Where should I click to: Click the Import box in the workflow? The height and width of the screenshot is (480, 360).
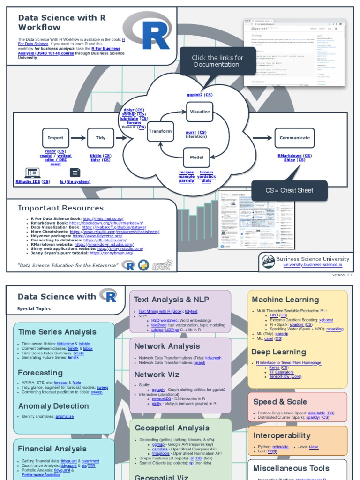[x=55, y=138]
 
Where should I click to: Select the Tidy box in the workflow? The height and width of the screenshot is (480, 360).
[x=100, y=138]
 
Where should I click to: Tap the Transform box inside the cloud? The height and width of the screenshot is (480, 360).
[x=160, y=132]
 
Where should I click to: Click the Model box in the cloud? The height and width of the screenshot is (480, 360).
[x=196, y=157]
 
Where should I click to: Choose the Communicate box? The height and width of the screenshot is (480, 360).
[x=294, y=138]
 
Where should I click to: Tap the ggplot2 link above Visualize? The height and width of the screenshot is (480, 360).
[x=195, y=95]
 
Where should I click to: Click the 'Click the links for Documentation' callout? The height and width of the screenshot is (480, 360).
[x=217, y=61]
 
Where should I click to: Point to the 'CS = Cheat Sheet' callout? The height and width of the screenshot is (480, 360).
[x=289, y=190]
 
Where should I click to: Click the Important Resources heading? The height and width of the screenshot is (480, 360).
[x=60, y=208]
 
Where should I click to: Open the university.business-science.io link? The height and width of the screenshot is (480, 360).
[x=313, y=265]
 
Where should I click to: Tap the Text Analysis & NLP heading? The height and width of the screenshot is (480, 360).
[x=171, y=300]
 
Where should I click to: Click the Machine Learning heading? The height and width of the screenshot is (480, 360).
[x=285, y=300]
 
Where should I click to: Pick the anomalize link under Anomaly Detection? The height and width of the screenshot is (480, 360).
[x=64, y=416]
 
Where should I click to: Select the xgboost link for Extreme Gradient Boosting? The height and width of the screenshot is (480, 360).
[x=326, y=320]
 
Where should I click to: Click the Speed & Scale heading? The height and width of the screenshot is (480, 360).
[x=280, y=402]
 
